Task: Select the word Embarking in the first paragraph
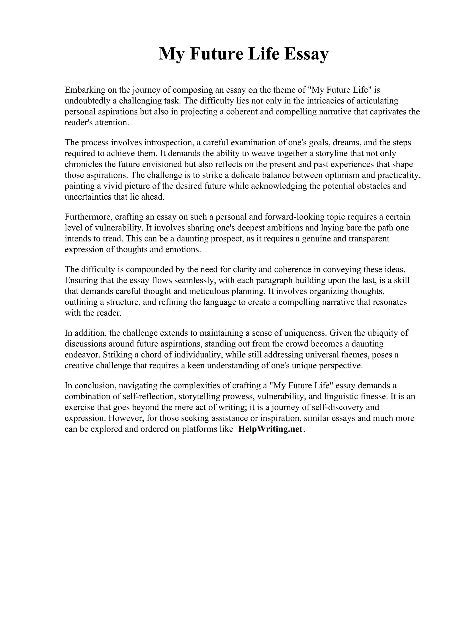click(81, 90)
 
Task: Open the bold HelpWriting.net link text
click(270, 429)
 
